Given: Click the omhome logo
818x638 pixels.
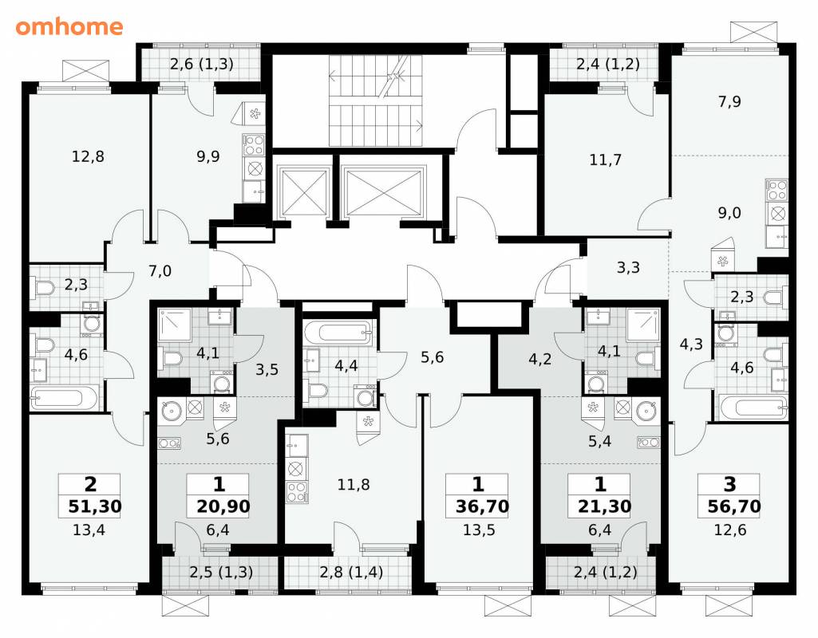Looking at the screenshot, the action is point(69,26).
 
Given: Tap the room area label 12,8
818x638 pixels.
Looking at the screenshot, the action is point(88,156).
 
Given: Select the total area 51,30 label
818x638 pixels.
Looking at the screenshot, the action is point(94,506).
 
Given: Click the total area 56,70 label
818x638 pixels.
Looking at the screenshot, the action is point(734,506).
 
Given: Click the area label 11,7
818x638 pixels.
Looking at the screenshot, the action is point(605,159).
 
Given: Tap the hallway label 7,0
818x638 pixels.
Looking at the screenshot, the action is point(160,270).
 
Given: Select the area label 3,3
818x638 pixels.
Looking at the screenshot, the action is point(628,267).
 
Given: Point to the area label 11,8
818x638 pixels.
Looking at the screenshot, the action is point(354,484).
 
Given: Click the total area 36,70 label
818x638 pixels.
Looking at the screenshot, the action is point(482,506).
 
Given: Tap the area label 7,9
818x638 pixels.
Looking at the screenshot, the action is point(729,101).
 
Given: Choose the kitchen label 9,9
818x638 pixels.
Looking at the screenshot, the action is point(207,156).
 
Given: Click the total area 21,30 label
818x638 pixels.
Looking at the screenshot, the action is point(604,506).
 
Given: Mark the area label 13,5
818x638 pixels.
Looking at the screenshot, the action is point(479,530).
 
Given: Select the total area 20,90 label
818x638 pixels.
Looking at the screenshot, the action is point(223,506).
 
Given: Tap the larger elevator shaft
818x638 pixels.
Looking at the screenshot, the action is point(383,191).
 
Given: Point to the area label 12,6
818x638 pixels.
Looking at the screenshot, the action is point(730,530).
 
